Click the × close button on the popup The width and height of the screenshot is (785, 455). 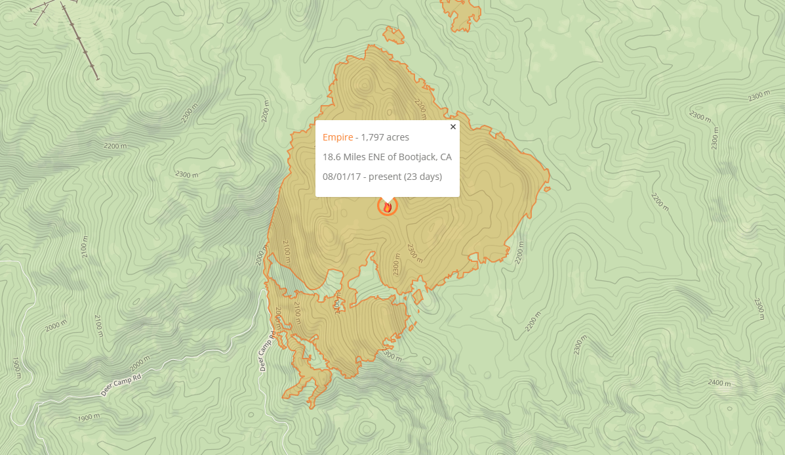[453, 127]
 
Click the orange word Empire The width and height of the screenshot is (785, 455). [337, 137]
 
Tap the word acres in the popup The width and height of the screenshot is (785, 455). [398, 137]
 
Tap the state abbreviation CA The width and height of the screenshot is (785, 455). [446, 157]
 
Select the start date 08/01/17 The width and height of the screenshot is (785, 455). [342, 177]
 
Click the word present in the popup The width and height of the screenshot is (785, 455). [386, 177]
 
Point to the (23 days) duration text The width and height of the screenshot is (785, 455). [423, 177]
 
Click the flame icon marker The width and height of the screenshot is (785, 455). [388, 207]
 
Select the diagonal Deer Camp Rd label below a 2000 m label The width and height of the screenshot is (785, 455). [121, 386]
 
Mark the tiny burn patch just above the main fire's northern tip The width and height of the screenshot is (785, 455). [393, 35]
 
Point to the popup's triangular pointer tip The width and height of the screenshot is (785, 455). [388, 202]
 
